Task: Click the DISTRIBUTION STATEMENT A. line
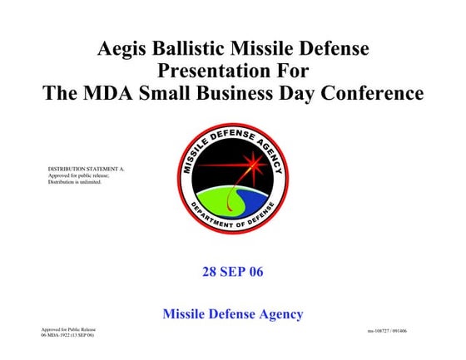pos(86,169)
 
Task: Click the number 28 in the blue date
pos(210,272)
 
